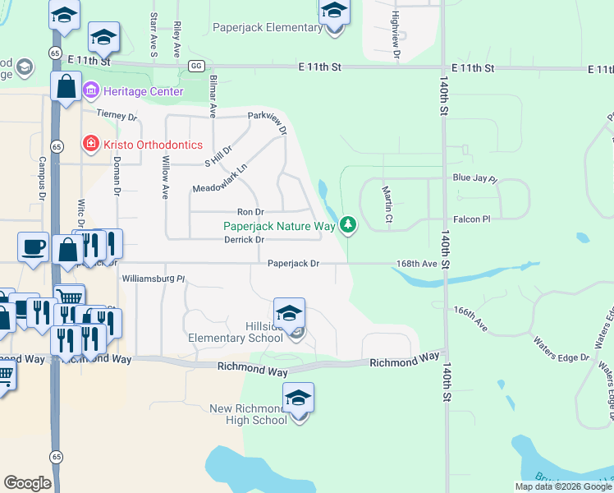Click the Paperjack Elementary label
click(268, 27)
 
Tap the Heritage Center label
click(144, 91)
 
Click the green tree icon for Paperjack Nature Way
click(349, 223)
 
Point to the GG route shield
click(195, 66)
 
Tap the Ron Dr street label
click(250, 212)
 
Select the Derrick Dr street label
click(244, 240)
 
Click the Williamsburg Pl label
click(153, 279)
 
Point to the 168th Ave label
click(417, 264)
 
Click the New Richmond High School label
click(248, 414)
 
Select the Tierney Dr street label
click(117, 117)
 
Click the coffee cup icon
click(34, 246)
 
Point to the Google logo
click(27, 483)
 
